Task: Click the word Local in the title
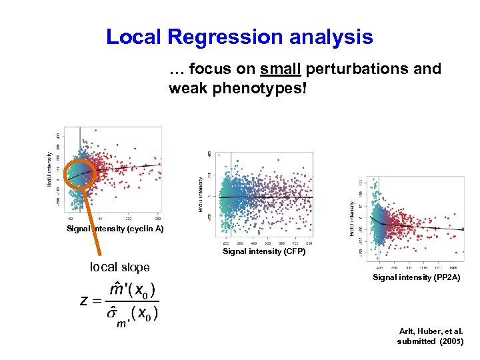click(133, 37)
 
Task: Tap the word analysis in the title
click(334, 37)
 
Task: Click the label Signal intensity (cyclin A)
click(115, 229)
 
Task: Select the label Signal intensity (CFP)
click(263, 251)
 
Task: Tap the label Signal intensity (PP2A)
click(417, 277)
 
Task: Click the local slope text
click(119, 267)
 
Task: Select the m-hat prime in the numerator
click(118, 290)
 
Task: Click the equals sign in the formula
click(97, 301)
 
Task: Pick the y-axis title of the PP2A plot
click(352, 219)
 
